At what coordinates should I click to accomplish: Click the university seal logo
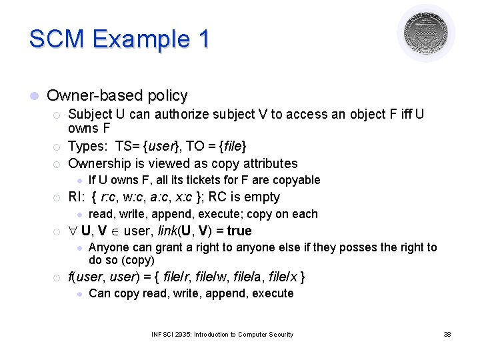point(425,33)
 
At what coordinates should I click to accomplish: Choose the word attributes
point(268,163)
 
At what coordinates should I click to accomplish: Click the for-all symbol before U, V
point(73,231)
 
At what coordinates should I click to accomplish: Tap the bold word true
point(239,231)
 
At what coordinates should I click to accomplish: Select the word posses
point(360,248)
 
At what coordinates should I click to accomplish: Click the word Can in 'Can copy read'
point(99,293)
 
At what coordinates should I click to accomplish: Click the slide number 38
point(447,334)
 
